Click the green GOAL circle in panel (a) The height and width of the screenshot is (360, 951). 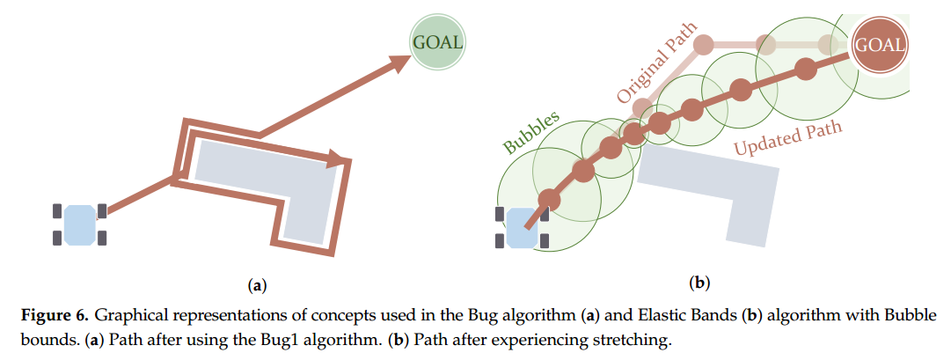(x=437, y=42)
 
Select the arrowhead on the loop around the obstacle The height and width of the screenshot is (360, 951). (x=339, y=159)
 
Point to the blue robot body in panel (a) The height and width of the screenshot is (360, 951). (x=79, y=224)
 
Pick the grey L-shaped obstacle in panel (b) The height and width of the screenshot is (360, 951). (x=721, y=185)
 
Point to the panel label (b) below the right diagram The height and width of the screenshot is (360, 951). (x=700, y=283)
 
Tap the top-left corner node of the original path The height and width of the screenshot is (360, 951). (x=703, y=44)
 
